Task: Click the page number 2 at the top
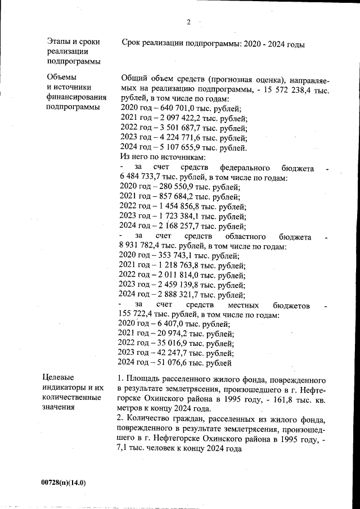pyautogui.click(x=188, y=22)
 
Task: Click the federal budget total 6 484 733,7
pyautogui.click(x=144, y=178)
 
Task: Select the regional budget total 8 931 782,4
pyautogui.click(x=144, y=246)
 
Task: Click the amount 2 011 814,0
pyautogui.click(x=177, y=276)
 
